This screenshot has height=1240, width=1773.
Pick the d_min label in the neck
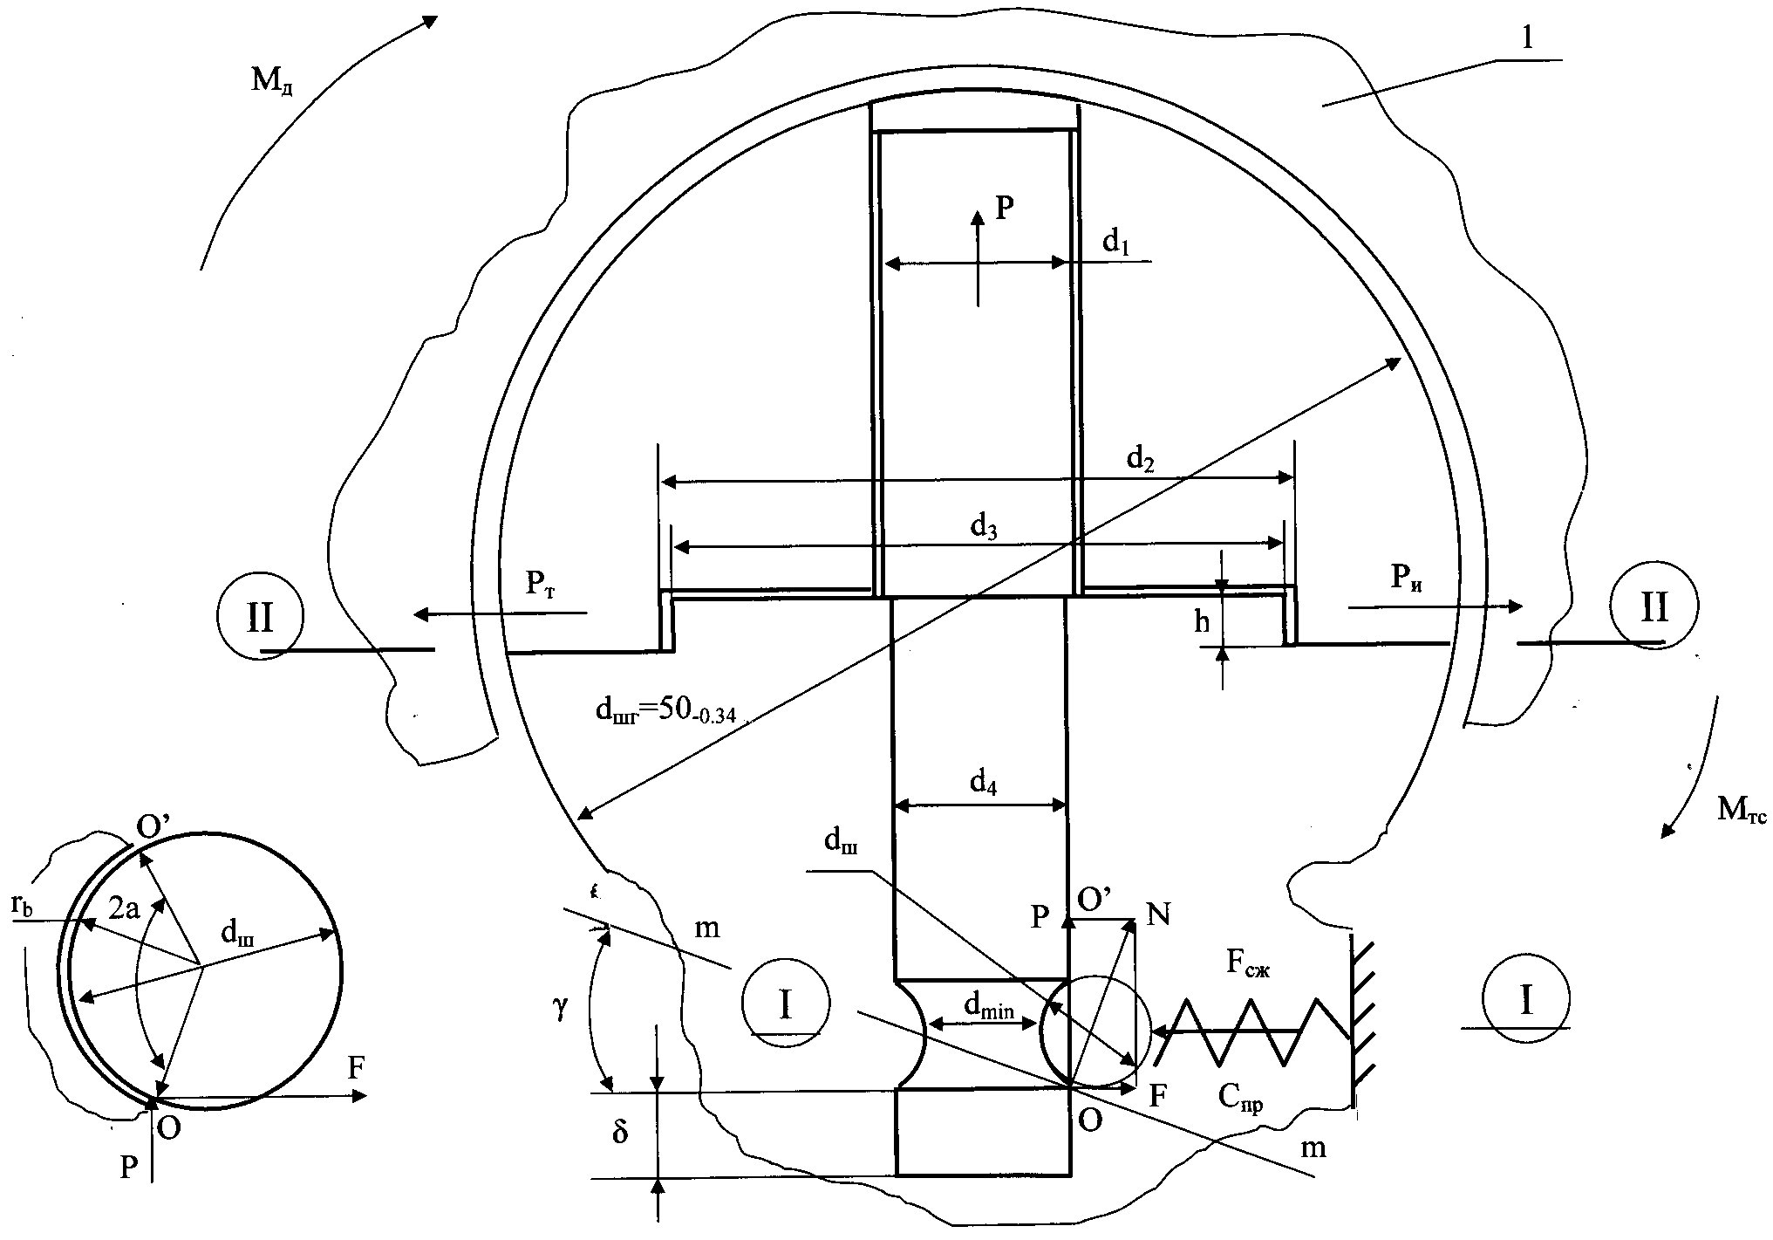point(989,1008)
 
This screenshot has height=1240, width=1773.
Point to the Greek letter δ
point(620,1134)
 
